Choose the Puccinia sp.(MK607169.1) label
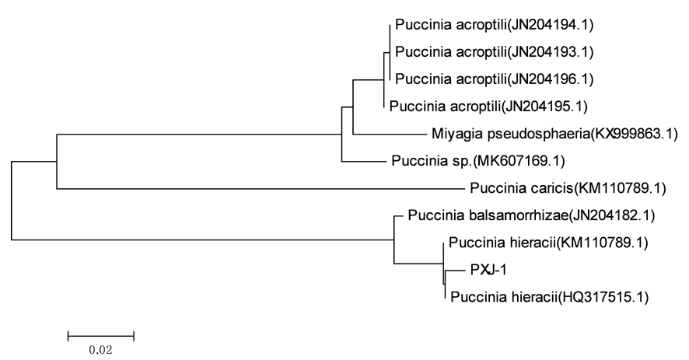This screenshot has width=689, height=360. [x=475, y=162]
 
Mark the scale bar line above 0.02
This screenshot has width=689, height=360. [x=101, y=336]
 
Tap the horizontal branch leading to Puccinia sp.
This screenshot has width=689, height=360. [x=361, y=162]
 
